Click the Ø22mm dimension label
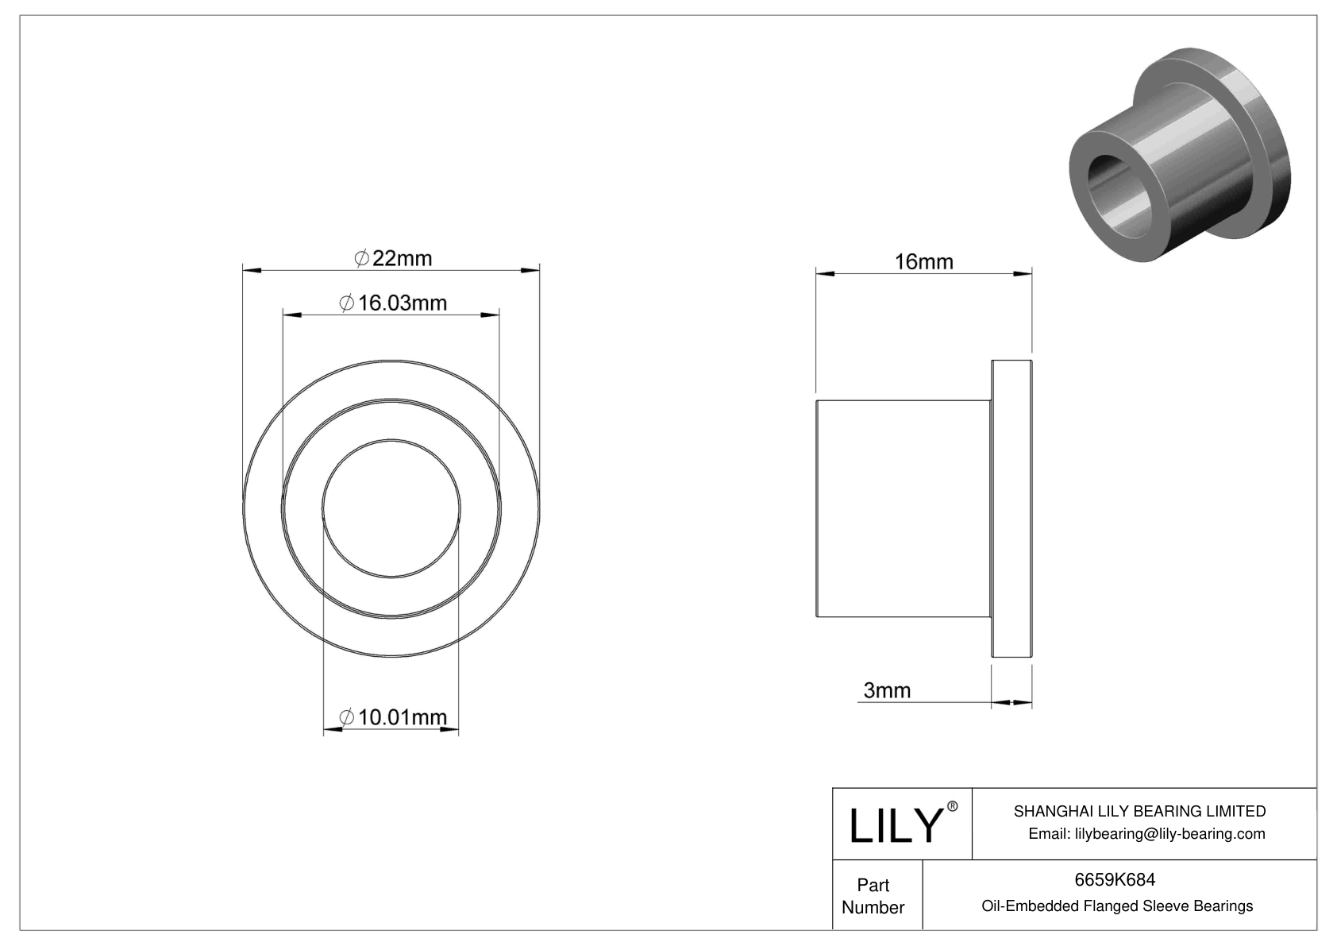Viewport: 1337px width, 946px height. pyautogui.click(x=392, y=259)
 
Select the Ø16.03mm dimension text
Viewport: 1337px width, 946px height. pyautogui.click(x=392, y=303)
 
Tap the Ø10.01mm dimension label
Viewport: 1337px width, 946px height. pyautogui.click(x=392, y=717)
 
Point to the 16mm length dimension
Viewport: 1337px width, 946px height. pyautogui.click(x=923, y=261)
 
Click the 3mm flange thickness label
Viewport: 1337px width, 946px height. pyautogui.click(x=887, y=690)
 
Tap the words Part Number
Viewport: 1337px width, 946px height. pyautogui.click(x=873, y=896)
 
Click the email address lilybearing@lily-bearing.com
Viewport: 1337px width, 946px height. pyautogui.click(x=1146, y=833)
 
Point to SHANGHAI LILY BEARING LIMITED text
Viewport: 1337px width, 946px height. pyautogui.click(x=1139, y=811)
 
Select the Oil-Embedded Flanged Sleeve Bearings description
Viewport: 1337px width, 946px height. pyautogui.click(x=1116, y=905)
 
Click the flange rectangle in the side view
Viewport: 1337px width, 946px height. pyautogui.click(x=1011, y=508)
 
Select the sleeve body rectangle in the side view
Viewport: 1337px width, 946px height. pyautogui.click(x=904, y=508)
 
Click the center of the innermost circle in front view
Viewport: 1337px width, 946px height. pyautogui.click(x=391, y=508)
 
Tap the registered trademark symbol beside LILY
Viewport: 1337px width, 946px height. pyautogui.click(x=953, y=806)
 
